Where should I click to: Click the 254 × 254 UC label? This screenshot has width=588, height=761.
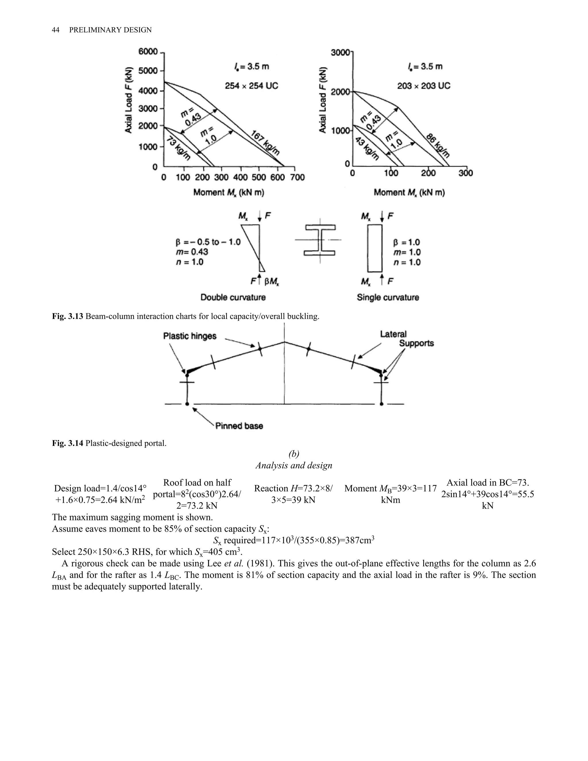[251, 86]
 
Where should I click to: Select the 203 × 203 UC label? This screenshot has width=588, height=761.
[423, 86]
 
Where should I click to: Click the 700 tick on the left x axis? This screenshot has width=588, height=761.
[297, 178]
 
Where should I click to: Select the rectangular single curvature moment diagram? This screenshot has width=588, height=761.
[375, 248]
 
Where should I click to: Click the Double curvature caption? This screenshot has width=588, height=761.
[233, 297]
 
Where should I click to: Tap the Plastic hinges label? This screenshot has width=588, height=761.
[190, 336]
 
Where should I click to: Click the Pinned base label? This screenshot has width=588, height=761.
[239, 426]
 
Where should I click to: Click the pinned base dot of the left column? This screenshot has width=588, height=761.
[187, 404]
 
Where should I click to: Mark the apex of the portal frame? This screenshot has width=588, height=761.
[284, 342]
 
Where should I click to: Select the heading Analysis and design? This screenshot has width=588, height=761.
[294, 466]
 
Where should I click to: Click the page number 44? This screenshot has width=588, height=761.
[55, 30]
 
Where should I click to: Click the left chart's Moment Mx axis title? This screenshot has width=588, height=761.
[229, 192]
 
